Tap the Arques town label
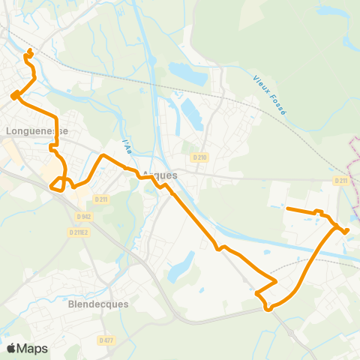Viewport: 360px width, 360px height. coord(160,175)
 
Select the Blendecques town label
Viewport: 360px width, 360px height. coord(98,305)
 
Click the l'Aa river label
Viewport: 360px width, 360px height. coord(127,142)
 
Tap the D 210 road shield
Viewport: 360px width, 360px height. coord(199,157)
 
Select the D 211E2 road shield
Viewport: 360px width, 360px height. coord(79,232)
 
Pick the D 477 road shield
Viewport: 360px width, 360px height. coord(106,340)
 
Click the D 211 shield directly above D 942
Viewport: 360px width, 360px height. coord(102,199)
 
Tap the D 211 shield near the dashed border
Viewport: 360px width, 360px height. coord(341,180)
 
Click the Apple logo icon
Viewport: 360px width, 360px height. coord(11,348)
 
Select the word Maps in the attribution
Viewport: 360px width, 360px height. coord(32,348)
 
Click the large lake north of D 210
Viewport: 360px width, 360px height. coord(187,72)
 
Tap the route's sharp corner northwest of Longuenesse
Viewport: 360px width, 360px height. coord(13,95)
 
